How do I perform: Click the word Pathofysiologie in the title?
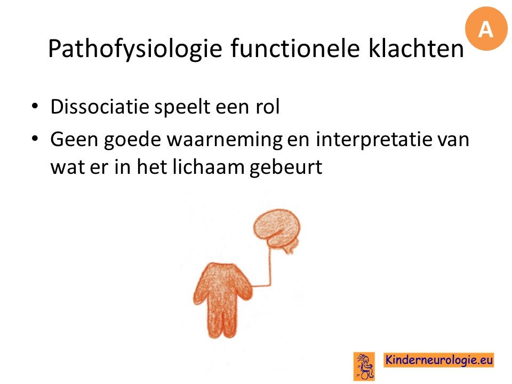(135, 49)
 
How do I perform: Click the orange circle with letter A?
(486, 29)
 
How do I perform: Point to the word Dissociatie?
(100, 107)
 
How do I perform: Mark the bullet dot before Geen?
(35, 138)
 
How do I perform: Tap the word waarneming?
(225, 140)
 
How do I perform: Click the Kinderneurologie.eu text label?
(438, 360)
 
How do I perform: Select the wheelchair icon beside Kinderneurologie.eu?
(364, 366)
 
